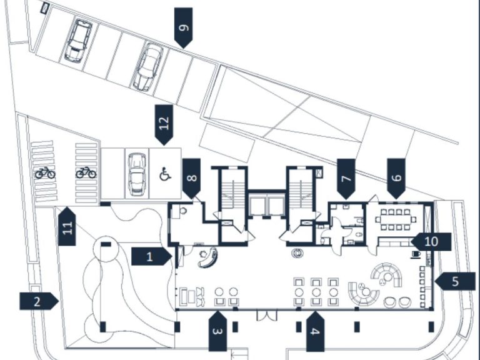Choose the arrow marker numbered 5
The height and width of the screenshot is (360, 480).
(x=454, y=281)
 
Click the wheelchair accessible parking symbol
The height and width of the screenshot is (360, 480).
(x=166, y=174)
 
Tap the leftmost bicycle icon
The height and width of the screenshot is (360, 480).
(x=45, y=172)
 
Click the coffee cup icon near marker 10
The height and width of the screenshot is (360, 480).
(x=416, y=254)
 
